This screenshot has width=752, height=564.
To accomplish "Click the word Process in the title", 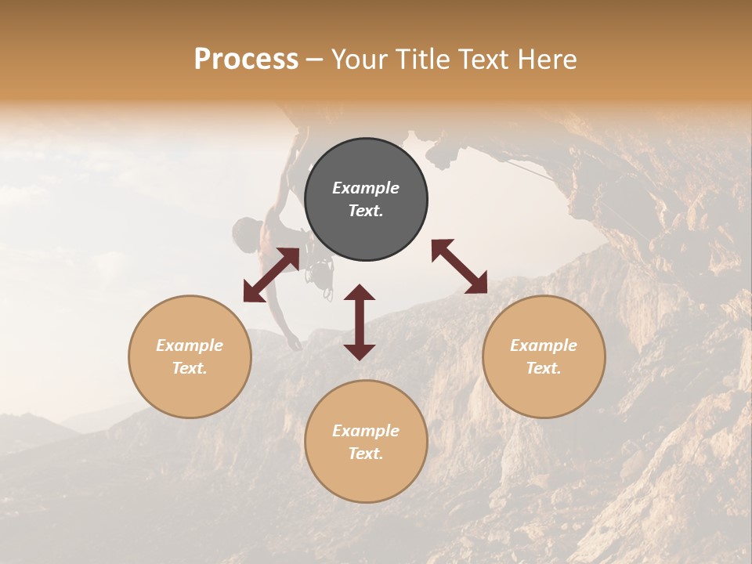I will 246,60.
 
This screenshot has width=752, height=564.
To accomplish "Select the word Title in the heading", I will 423,60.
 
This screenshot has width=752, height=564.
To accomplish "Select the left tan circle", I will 190,356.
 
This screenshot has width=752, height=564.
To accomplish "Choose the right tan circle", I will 544,356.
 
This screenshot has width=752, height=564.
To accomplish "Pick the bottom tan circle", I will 366,441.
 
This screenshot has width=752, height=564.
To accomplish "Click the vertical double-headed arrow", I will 360,322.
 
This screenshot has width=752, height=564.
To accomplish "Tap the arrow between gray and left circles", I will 271,275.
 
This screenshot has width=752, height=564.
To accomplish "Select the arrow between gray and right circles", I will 460,266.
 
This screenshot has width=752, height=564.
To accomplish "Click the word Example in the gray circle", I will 366,188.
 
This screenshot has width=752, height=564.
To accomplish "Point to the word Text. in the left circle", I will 190,368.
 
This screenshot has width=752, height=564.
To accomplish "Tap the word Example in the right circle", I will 544,345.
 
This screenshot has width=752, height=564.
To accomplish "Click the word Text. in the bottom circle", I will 366,454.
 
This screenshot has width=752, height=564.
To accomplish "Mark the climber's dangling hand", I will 293,344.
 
